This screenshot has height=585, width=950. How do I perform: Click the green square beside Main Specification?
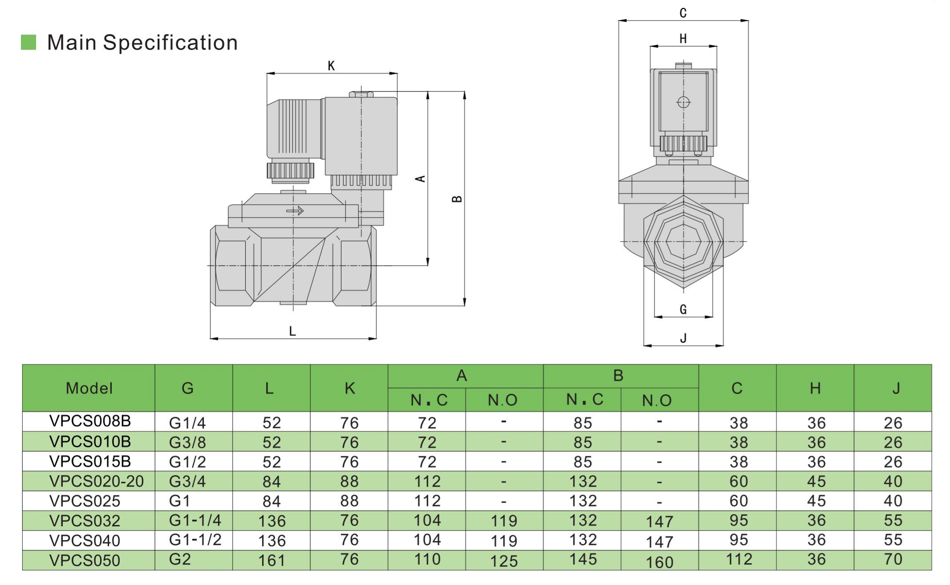click(28, 42)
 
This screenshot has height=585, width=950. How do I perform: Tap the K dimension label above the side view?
click(331, 66)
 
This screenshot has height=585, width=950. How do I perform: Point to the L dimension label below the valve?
click(292, 331)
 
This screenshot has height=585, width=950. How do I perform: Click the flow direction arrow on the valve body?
click(295, 211)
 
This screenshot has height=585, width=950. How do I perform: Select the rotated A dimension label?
click(420, 179)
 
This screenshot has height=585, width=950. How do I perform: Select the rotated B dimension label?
click(457, 199)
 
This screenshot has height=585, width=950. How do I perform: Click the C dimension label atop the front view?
click(683, 13)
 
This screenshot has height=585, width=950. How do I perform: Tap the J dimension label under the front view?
click(683, 338)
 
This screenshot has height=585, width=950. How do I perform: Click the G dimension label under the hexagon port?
click(683, 309)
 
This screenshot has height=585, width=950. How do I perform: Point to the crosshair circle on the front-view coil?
click(683, 102)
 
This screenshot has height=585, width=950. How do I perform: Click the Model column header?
click(89, 388)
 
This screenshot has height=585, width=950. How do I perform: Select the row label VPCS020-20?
click(96, 481)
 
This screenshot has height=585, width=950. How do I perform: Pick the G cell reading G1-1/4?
click(195, 520)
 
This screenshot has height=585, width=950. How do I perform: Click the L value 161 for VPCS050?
click(272, 560)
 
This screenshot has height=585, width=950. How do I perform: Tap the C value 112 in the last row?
click(739, 559)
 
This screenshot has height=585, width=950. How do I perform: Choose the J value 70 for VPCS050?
click(893, 559)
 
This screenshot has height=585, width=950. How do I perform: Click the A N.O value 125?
click(504, 561)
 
